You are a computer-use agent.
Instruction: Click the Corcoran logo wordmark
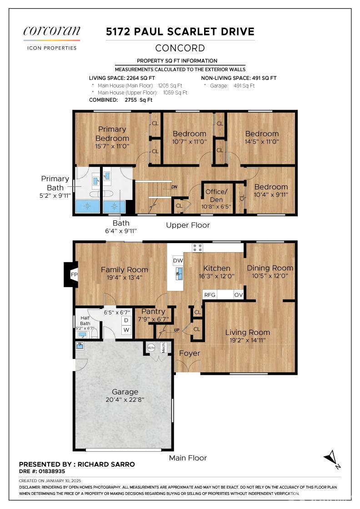52,31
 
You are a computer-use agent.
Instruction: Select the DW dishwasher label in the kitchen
178,260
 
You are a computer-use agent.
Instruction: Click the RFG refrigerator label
210,295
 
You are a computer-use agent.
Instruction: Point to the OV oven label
238,295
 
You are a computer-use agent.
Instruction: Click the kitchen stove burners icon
197,248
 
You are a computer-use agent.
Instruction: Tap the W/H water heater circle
151,348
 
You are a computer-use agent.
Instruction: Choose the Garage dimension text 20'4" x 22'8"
125,399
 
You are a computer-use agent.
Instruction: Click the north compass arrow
332,459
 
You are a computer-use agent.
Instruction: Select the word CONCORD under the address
180,48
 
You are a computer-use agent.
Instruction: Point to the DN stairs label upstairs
175,187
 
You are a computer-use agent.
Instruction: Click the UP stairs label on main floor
177,330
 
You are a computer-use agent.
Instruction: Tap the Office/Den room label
216,195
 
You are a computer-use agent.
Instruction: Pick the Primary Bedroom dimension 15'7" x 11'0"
112,146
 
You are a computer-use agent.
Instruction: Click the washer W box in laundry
126,330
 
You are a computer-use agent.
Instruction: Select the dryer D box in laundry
126,320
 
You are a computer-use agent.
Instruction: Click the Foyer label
190,353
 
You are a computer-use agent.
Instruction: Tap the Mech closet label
163,348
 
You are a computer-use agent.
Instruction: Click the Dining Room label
270,268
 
